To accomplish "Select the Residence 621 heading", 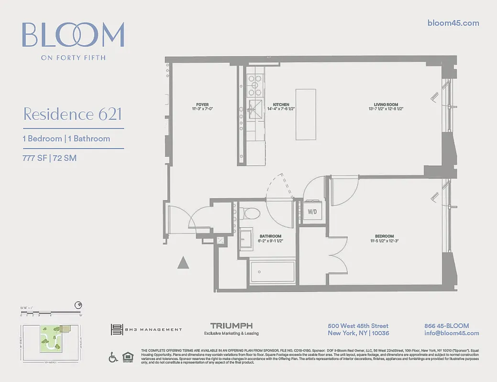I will [72, 115].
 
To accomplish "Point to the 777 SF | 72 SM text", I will [50, 158].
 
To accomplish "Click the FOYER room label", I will [202, 105].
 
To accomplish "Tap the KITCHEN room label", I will [281, 105].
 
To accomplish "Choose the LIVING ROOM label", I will [386, 105].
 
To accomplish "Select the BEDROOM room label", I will [384, 236].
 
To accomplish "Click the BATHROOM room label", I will [270, 236].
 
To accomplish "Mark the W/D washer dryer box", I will [312, 211].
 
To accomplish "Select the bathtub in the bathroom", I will [273, 272].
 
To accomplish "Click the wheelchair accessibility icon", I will [113, 357].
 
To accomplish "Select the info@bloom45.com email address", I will [452, 333].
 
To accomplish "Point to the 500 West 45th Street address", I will [358, 326].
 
